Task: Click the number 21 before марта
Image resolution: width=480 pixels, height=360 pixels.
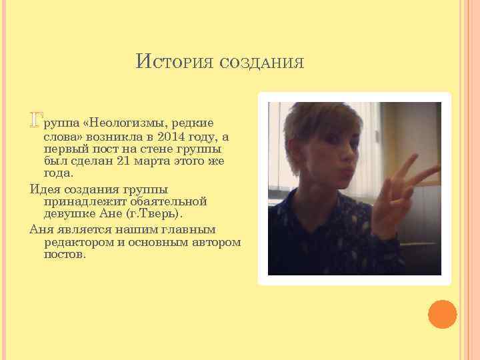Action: pos(123,161)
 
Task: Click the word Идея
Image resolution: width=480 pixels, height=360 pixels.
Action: pos(46,189)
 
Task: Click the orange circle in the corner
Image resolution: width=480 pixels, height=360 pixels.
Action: pos(442,313)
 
